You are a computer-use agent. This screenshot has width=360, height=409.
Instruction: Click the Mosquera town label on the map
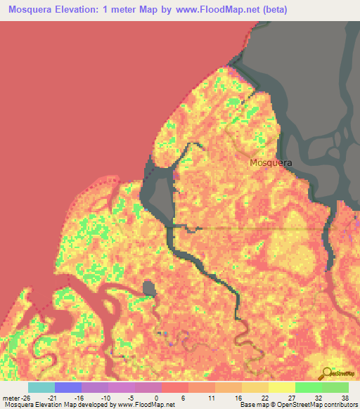pos(271,162)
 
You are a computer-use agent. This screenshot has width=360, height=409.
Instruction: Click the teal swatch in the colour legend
pos(41,387)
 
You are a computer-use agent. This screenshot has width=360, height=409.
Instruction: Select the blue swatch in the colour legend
pos(68,387)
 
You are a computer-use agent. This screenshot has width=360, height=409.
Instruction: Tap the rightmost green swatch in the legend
pos(335,387)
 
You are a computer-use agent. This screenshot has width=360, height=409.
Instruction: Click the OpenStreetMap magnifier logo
pos(326,373)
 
